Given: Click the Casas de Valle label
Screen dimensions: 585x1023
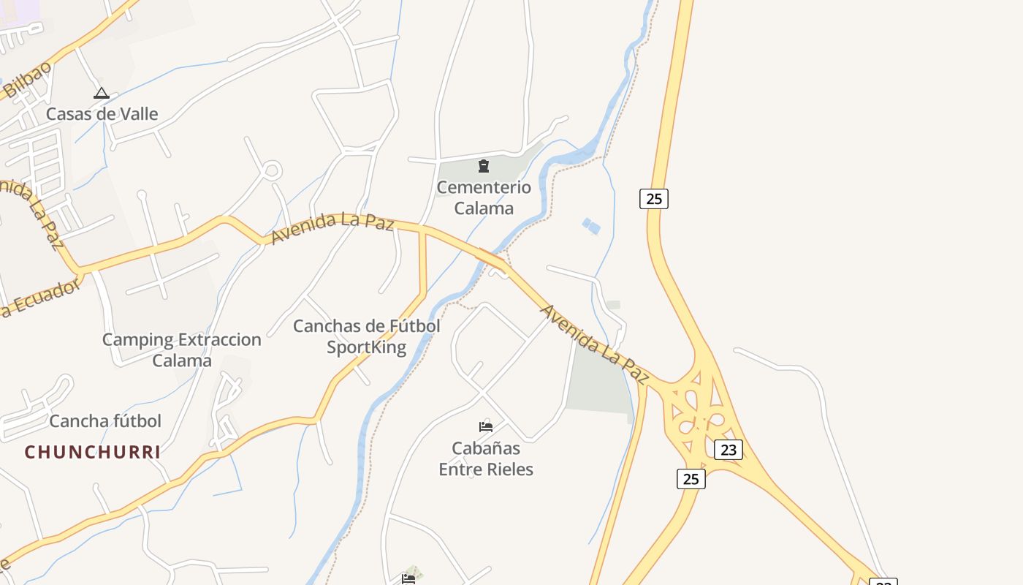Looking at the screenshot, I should (102, 114).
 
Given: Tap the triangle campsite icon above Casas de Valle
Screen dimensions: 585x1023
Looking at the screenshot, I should (102, 93).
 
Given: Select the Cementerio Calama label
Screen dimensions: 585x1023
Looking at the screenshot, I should (484, 197).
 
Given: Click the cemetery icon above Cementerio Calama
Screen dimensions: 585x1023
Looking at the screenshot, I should (484, 166).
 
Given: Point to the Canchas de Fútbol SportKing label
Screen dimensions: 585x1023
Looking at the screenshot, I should (366, 336).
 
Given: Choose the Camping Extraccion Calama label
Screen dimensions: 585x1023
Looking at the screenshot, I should (182, 350).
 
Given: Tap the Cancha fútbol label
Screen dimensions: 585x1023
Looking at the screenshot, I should (105, 421).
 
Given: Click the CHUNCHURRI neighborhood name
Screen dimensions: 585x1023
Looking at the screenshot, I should (92, 452).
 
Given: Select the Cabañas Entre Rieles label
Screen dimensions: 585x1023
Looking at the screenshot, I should (486, 458).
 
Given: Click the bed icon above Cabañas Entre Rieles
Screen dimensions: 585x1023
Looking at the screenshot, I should (486, 426).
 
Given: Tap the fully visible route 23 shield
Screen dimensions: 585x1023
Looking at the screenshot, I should (729, 450).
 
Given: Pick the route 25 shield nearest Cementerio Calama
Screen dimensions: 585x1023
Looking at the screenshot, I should (654, 198).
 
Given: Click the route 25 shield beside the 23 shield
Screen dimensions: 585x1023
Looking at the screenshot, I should (691, 479).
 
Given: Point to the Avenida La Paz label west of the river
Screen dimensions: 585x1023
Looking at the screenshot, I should (332, 227).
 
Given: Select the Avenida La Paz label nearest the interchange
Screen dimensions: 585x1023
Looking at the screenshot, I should (594, 344).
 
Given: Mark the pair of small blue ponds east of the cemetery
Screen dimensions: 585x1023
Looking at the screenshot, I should (591, 227).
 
